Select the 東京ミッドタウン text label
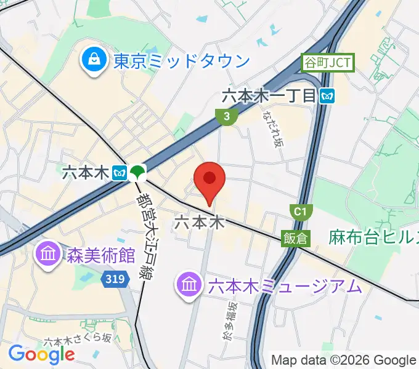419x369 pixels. click(x=182, y=61)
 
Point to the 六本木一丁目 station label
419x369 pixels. click(x=269, y=95)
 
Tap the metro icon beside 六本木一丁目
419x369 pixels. click(x=327, y=95)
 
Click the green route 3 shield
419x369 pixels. click(x=227, y=115)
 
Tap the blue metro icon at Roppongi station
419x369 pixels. click(x=120, y=173)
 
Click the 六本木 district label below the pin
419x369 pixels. click(x=198, y=222)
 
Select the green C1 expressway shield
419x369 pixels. click(x=299, y=212)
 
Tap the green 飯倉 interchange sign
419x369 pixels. click(x=296, y=237)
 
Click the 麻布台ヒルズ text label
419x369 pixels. click(x=373, y=237)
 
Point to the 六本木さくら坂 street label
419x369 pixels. click(x=77, y=339)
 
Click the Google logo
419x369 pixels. click(x=41, y=354)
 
